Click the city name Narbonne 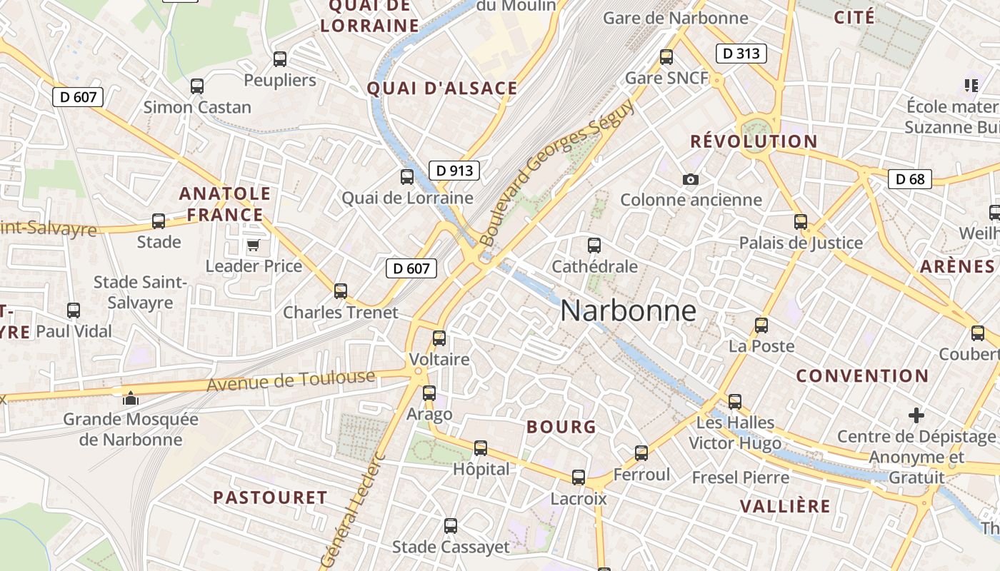[628, 310]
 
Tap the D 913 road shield [454, 171]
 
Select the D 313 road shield [741, 54]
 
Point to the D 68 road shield [910, 179]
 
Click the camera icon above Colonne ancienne [690, 179]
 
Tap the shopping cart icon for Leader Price [253, 246]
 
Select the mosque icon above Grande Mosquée [130, 398]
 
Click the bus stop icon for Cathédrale [594, 246]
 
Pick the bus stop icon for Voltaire [439, 338]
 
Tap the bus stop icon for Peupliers [280, 59]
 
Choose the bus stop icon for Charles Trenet [341, 291]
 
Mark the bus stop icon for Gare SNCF [666, 57]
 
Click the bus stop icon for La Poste [761, 325]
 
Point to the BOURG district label [561, 427]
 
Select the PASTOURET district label [270, 497]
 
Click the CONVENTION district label [862, 376]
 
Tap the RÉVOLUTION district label [754, 141]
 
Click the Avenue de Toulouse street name [291, 381]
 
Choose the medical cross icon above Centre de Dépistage [916, 415]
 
